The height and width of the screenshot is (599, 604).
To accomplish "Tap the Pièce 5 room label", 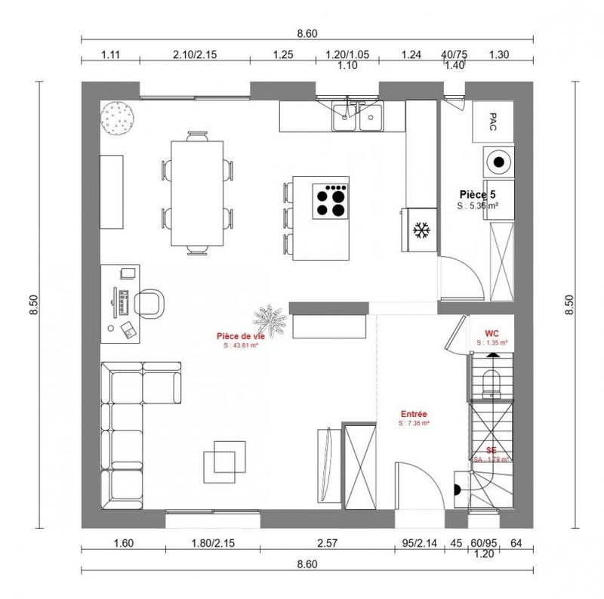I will coord(477,194).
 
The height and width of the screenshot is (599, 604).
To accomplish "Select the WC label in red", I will coord(492,332).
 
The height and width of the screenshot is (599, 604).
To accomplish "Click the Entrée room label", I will coord(414,414).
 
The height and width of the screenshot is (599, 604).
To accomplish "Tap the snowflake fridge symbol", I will coord(420,229).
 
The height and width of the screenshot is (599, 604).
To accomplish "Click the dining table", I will coord(196,193).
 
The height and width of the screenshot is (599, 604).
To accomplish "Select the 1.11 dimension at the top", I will coord(110,54).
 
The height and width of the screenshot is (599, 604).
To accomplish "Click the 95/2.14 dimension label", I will coord(414,542).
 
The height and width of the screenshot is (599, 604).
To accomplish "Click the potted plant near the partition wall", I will coord(270,320).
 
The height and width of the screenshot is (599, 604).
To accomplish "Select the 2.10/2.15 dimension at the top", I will coord(195,54).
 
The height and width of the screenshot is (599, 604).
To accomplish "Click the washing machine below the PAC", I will coord(498,161).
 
